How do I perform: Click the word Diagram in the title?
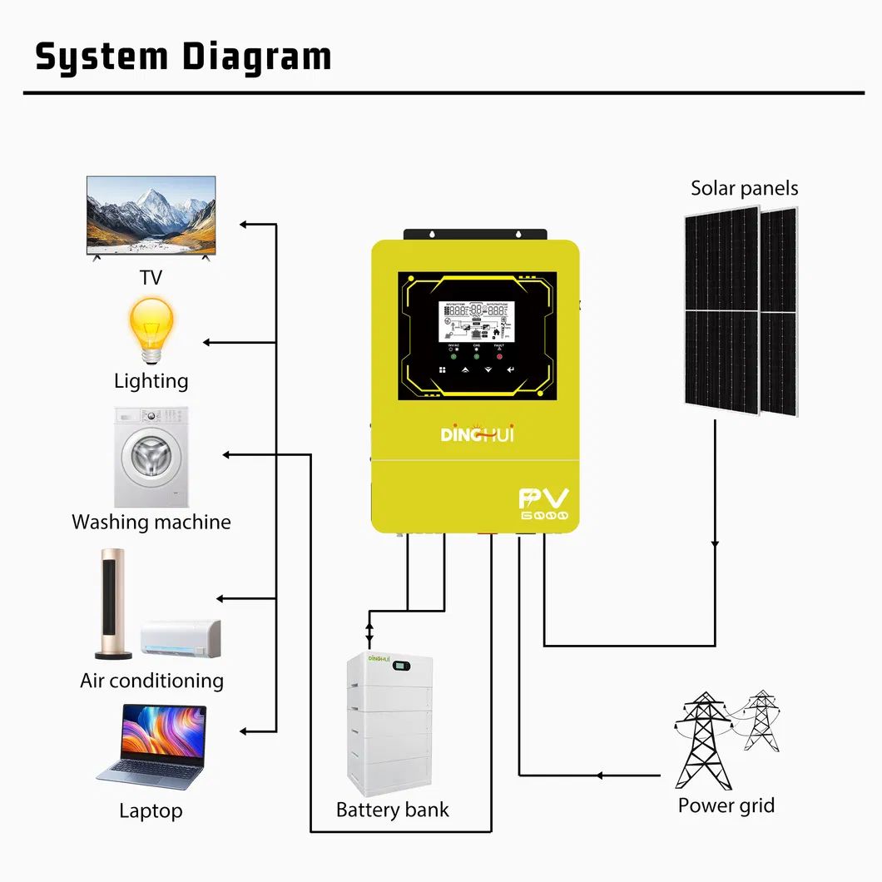(257, 57)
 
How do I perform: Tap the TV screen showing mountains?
(151, 215)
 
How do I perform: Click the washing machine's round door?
(151, 460)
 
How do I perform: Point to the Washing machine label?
(151, 523)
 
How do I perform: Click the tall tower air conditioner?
(111, 602)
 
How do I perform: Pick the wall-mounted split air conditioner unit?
(181, 637)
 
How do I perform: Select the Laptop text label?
(151, 810)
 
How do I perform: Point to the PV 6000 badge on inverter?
(544, 504)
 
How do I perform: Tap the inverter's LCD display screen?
(475, 320)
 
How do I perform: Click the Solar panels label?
(744, 188)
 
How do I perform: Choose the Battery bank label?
(392, 810)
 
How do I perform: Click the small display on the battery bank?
(404, 666)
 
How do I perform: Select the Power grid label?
(726, 805)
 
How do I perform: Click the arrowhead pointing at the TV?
(244, 225)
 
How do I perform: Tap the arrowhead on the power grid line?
(598, 775)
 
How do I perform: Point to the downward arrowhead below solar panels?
(715, 544)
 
